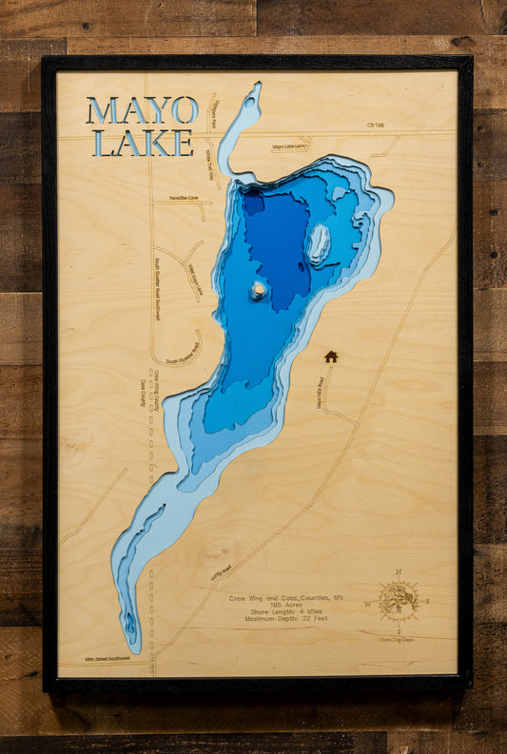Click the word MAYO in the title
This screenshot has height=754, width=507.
point(142,110)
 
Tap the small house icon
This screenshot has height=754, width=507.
point(331,357)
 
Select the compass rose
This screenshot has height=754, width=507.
point(398,601)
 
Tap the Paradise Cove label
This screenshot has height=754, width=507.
point(185,198)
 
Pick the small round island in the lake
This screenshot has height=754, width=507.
point(258,290)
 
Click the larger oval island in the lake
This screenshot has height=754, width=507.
point(318,244)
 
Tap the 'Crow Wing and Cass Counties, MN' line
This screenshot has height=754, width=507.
point(285,598)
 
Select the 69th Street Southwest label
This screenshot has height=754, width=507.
point(106,658)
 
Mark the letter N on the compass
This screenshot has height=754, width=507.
point(399,572)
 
